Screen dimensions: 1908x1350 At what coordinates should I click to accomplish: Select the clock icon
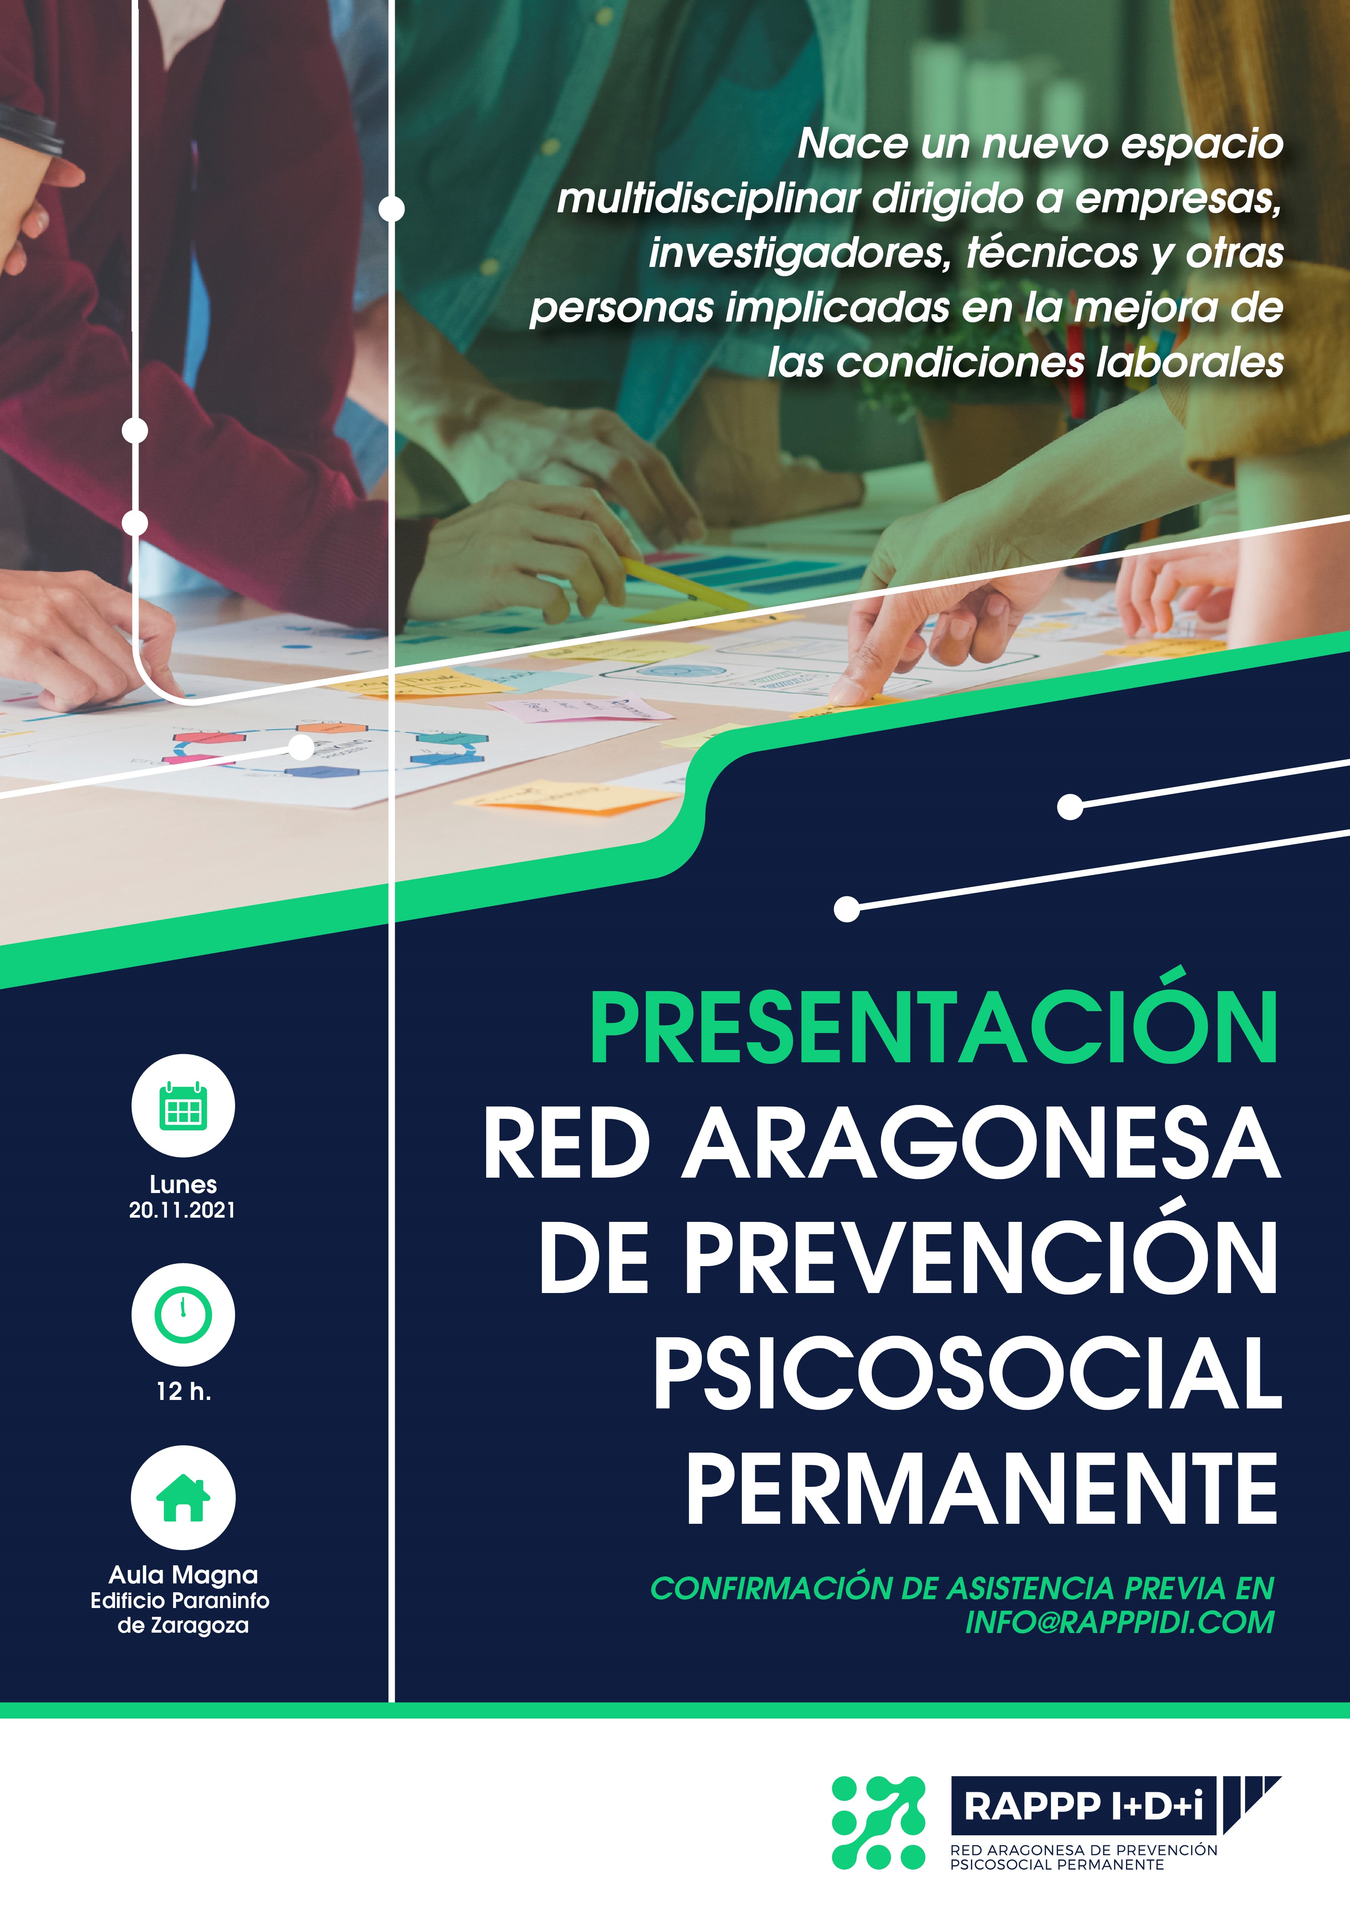click(x=183, y=1315)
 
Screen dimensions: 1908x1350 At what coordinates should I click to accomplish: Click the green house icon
click(x=183, y=1498)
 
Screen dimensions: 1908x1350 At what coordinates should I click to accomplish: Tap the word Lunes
click(x=183, y=1184)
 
